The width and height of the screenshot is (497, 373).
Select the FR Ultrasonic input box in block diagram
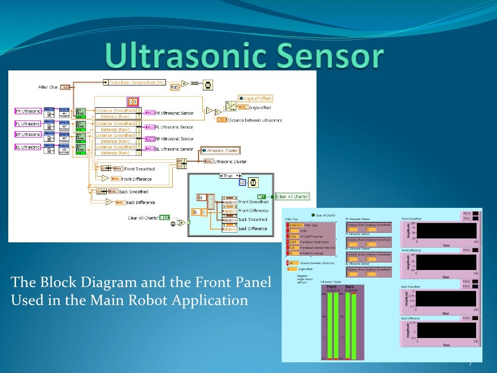(28, 111)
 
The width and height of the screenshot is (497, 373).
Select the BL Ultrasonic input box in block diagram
(28, 147)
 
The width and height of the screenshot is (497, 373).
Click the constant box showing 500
(175, 87)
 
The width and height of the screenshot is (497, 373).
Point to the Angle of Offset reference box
(255, 98)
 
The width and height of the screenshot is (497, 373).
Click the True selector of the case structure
(231, 175)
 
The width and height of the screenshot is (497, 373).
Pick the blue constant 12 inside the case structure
(242, 183)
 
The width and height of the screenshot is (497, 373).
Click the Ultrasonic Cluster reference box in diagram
(220, 151)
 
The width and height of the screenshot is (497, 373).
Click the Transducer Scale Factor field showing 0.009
(294, 241)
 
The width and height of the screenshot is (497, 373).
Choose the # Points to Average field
(294, 253)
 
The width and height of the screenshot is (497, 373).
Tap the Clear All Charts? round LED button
(313, 215)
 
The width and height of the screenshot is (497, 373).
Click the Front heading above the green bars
(331, 287)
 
